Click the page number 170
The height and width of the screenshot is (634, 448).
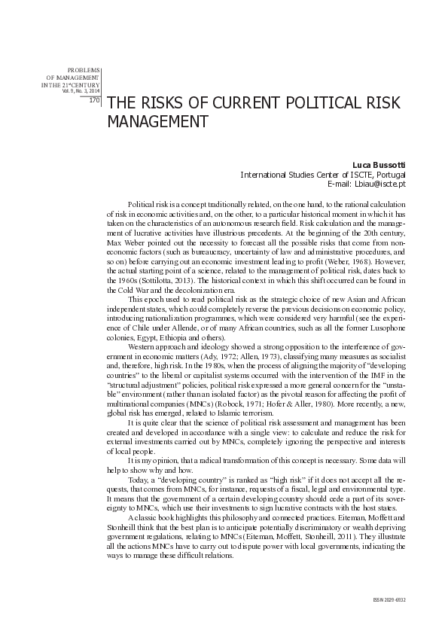[95, 99]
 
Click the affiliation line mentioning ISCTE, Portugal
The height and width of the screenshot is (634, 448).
[324, 174]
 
